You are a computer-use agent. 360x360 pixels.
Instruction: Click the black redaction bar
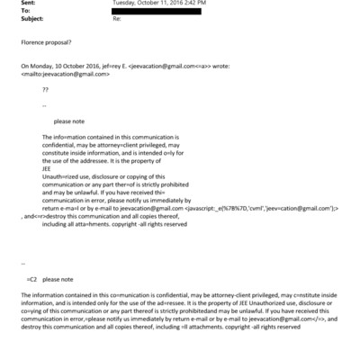point(154,11)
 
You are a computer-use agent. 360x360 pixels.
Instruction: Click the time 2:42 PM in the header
point(197,4)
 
